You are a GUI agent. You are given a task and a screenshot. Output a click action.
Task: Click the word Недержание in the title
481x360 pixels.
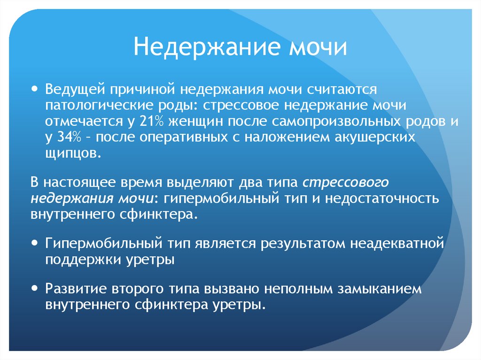pos(199,47)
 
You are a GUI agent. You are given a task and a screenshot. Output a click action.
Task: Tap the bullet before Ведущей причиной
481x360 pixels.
pos(36,88)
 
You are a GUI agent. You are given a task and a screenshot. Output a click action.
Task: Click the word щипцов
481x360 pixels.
pos(72,154)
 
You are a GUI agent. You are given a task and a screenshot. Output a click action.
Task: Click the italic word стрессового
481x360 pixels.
pos(346,182)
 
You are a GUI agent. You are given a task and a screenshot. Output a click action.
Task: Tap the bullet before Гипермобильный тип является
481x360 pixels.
pos(36,243)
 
